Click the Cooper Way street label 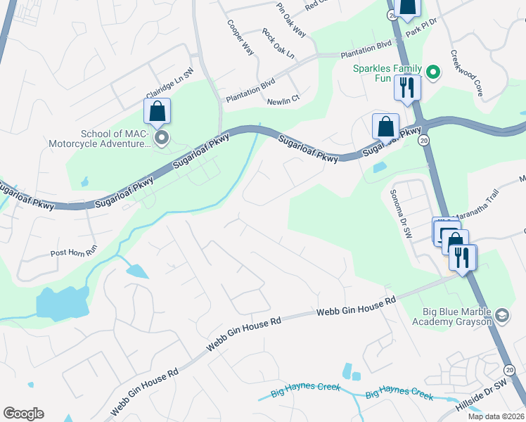pyautogui.click(x=239, y=37)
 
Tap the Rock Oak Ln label pyautogui.click(x=278, y=44)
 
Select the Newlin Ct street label pyautogui.click(x=283, y=101)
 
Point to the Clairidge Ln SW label pyautogui.click(x=169, y=84)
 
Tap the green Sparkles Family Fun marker pyautogui.click(x=433, y=72)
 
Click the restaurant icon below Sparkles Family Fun pyautogui.click(x=407, y=87)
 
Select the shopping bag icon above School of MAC pyautogui.click(x=157, y=111)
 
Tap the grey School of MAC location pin pyautogui.click(x=162, y=137)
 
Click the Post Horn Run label pyautogui.click(x=72, y=253)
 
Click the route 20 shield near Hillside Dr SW pyautogui.click(x=510, y=369)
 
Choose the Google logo pyautogui.click(x=23, y=414)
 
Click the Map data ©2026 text pyautogui.click(x=496, y=416)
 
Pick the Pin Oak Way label pyautogui.click(x=291, y=20)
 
